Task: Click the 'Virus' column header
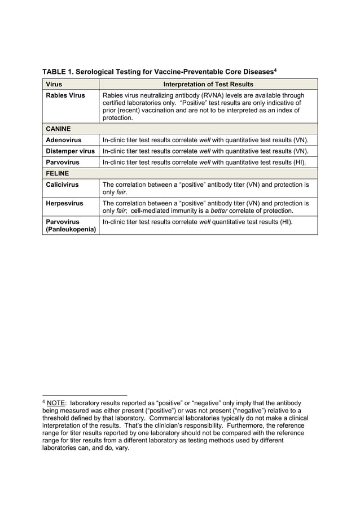click(55, 84)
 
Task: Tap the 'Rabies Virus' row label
click(65, 95)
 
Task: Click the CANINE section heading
click(58, 129)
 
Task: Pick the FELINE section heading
click(57, 173)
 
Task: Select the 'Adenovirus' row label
click(63, 140)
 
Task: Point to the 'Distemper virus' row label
click(70, 151)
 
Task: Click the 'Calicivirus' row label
click(62, 185)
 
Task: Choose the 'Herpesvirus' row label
click(64, 203)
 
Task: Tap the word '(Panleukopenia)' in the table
click(71, 230)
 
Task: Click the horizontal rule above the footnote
click(85, 394)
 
